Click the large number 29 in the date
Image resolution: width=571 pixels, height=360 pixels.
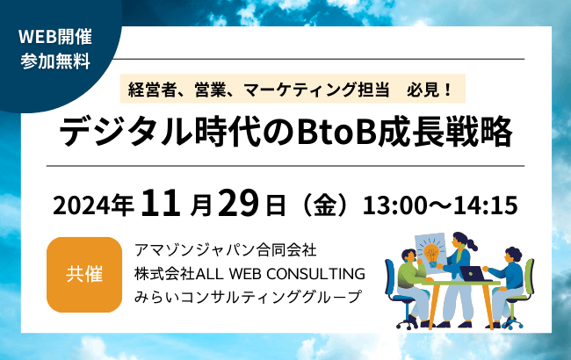pyautogui.click(x=238, y=204)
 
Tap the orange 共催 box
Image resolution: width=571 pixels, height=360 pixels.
pyautogui.click(x=84, y=274)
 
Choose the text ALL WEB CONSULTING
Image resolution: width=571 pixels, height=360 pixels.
pyautogui.click(x=285, y=274)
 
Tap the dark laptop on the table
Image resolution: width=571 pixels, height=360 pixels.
pyautogui.click(x=475, y=273)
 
